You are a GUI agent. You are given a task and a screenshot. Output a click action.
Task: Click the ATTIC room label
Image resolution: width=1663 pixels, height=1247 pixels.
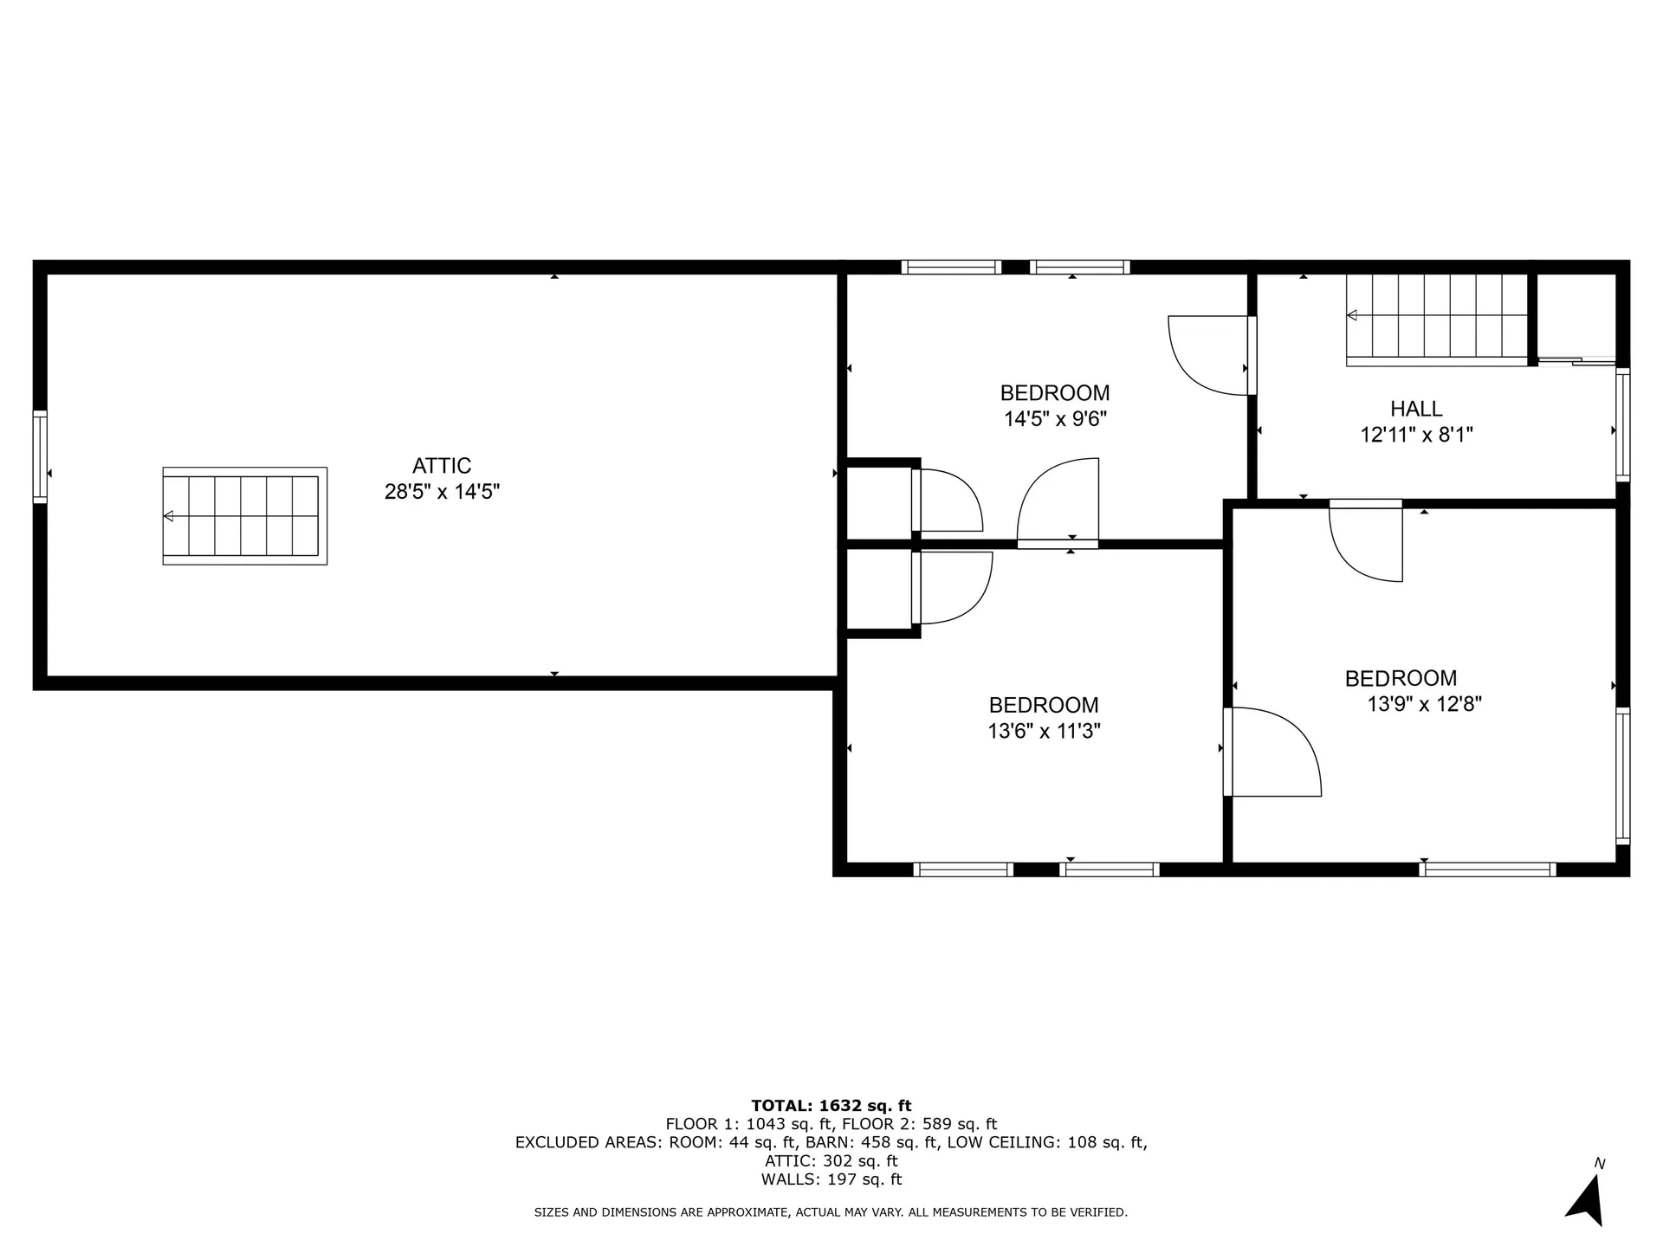pos(441,466)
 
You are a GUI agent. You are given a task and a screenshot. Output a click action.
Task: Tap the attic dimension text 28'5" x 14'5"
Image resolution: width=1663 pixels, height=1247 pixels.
pos(442,492)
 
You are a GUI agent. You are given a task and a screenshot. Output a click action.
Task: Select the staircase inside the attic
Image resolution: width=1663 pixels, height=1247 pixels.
pos(245,516)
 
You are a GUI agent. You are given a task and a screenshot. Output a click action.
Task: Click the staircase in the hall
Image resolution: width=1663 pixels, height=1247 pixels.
pos(1436,319)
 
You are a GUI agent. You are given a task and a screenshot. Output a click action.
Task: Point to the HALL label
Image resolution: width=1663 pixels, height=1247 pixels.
pos(1416,409)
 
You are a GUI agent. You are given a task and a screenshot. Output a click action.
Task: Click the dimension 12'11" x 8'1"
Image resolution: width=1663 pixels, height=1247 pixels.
pos(1416,435)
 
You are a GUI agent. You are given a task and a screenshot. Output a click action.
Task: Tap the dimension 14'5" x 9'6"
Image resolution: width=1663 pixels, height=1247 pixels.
pos(1055,419)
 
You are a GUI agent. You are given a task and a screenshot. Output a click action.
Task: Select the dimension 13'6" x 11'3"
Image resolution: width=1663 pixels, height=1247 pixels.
pos(1044,731)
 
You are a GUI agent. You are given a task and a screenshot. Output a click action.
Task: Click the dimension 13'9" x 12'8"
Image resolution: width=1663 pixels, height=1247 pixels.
pos(1424,704)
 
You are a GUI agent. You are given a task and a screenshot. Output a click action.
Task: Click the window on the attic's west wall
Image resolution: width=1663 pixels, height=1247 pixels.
pos(40,456)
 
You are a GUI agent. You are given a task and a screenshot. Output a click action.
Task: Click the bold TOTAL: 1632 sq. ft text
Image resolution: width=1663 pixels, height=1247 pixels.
pos(831,1106)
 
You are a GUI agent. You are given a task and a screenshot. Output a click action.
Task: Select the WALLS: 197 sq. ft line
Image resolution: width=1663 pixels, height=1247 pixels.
pos(831,1179)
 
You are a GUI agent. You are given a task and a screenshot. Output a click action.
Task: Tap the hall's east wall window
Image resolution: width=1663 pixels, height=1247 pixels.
pos(1623,424)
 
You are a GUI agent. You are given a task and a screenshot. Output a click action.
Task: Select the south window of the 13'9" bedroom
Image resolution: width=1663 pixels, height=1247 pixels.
pos(1487,869)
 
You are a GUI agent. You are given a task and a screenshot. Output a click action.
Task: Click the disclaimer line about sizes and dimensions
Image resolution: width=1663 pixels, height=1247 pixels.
pos(831,1212)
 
